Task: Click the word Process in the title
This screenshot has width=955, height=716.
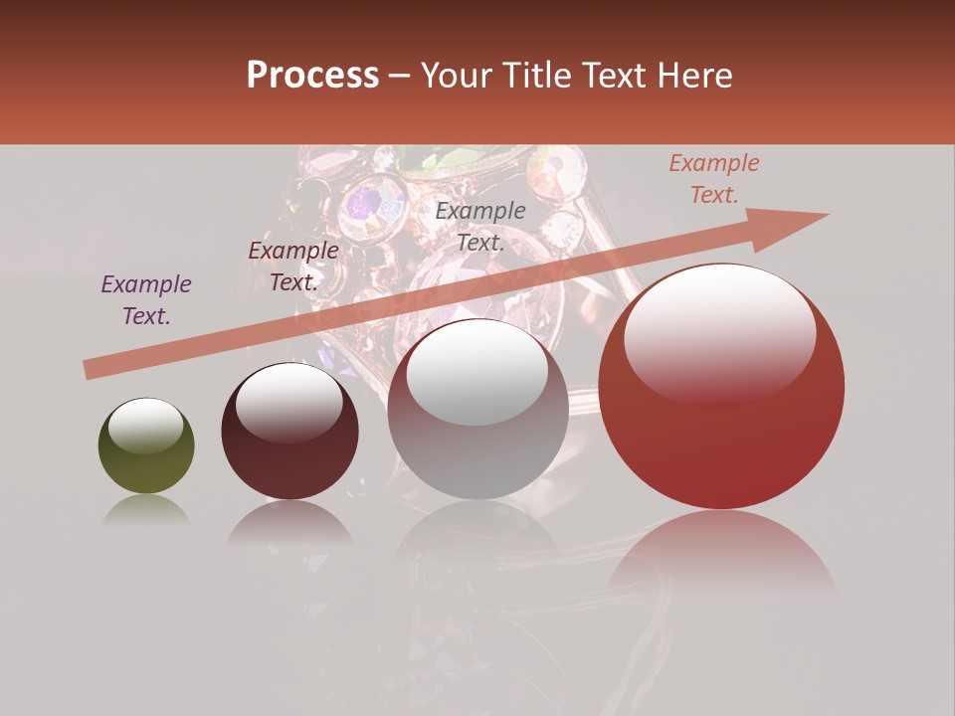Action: (x=312, y=75)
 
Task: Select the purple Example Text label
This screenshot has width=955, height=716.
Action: (x=146, y=299)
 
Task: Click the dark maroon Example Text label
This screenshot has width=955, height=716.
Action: (x=292, y=266)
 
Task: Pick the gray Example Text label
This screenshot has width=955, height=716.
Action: (x=480, y=226)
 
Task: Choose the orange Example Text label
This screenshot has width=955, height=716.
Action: (x=713, y=179)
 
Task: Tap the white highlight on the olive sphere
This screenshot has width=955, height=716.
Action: (x=145, y=426)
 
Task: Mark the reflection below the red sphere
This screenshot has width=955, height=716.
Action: (x=721, y=552)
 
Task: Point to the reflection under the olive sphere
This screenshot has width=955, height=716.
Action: (x=146, y=510)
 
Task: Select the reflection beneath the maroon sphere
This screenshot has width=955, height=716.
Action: (x=289, y=524)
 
